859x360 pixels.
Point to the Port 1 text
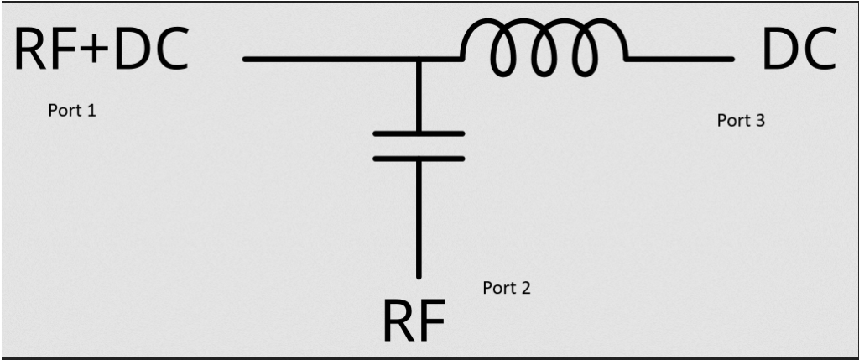click(x=72, y=111)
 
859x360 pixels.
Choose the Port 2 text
click(x=506, y=288)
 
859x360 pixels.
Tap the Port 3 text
click(x=741, y=120)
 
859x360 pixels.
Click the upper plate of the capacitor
click(x=418, y=133)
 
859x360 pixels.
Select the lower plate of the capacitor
click(x=418, y=157)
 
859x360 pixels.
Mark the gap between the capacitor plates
click(x=418, y=145)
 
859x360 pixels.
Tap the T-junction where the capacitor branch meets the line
click(x=419, y=60)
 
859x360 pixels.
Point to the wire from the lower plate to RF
click(x=419, y=218)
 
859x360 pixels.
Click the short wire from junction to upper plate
click(x=419, y=97)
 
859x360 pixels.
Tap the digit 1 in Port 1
click(x=91, y=111)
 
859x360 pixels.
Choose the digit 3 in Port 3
click(x=759, y=120)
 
